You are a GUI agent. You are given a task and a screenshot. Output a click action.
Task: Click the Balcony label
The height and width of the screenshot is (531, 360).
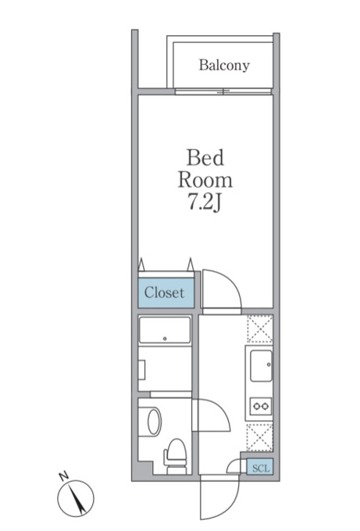[x=224, y=65]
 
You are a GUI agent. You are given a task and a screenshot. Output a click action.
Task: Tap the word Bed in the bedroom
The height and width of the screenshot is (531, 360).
[x=205, y=158]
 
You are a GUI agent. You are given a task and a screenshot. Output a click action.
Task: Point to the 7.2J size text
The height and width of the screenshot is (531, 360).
[x=205, y=202]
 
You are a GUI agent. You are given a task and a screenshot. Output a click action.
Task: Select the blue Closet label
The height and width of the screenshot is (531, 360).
[x=166, y=293]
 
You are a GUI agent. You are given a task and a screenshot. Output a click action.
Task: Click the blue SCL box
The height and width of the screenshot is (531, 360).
[x=260, y=468]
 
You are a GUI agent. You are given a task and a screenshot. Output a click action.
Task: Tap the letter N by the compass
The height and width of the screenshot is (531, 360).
[x=63, y=476]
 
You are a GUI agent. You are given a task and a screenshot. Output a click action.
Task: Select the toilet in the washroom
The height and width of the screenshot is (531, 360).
[x=176, y=456]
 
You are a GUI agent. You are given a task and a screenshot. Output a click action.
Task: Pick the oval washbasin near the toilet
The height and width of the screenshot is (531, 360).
[x=154, y=421]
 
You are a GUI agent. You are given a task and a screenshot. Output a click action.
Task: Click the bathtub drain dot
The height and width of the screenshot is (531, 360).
[x=165, y=338]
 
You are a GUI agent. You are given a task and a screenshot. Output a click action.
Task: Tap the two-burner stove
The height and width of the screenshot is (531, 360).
[x=261, y=406]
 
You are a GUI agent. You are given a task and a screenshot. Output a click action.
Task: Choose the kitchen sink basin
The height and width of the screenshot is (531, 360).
[x=261, y=365]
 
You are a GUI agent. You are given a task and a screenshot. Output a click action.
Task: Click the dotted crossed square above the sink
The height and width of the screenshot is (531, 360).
[x=260, y=329]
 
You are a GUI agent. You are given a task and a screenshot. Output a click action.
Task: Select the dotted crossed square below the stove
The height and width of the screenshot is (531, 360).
[x=259, y=437]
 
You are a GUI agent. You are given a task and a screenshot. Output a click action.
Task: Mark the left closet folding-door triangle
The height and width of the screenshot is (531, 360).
[x=141, y=265]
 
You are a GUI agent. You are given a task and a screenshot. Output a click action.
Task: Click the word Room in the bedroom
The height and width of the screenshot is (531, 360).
[x=205, y=180]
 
